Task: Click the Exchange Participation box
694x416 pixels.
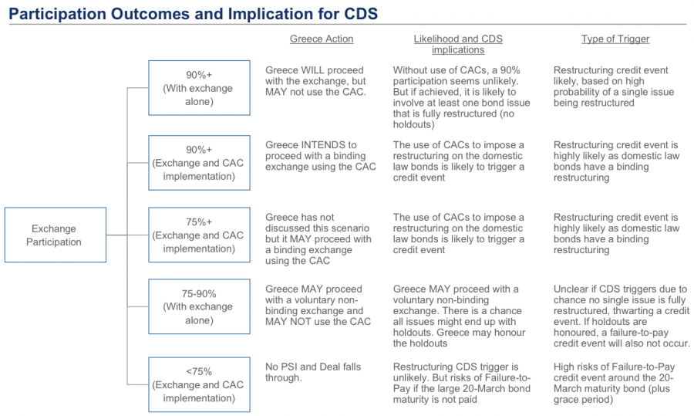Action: (56, 235)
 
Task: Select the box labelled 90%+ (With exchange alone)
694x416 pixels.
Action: (199, 88)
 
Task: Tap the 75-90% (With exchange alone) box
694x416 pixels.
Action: (199, 306)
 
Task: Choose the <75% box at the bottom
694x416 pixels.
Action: (199, 384)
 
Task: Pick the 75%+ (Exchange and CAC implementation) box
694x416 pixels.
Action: (199, 235)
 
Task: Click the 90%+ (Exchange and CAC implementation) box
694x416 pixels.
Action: (199, 163)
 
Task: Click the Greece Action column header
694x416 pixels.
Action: (322, 39)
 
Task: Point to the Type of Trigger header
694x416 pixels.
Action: (615, 39)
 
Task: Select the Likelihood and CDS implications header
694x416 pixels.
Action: (458, 44)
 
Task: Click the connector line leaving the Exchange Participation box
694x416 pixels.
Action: (117, 235)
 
